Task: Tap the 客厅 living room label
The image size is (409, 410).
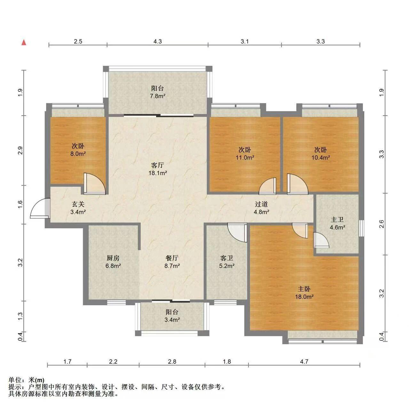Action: (158, 165)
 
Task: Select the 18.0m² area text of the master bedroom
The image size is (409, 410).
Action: (304, 297)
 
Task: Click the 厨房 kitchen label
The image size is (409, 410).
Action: (113, 258)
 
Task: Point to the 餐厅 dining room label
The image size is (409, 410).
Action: (172, 258)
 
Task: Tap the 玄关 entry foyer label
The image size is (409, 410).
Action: (78, 204)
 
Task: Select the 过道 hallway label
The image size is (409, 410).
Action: (261, 204)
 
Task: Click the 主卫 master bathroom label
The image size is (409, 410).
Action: (337, 220)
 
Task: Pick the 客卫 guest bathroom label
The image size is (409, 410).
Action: (226, 258)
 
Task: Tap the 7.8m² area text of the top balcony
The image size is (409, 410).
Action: (158, 96)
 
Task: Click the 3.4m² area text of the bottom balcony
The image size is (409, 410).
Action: (172, 320)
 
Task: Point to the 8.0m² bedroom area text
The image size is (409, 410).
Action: (78, 154)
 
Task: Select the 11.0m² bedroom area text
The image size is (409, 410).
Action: (245, 158)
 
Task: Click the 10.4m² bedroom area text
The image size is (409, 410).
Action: (321, 158)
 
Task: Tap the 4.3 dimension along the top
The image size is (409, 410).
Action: (158, 41)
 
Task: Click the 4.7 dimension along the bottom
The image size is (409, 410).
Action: (304, 361)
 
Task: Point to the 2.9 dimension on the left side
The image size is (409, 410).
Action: (20, 151)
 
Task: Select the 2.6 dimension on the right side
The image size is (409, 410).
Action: (382, 224)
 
